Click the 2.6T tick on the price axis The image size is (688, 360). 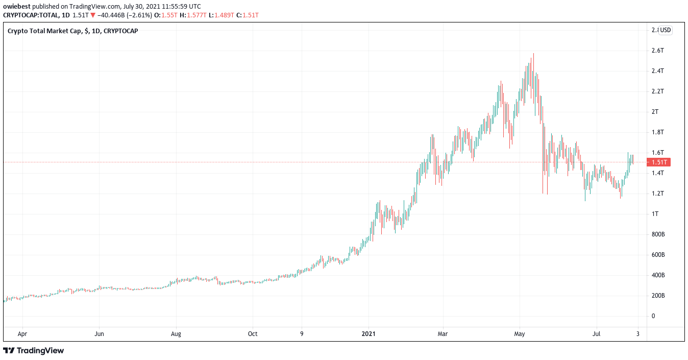click(657, 51)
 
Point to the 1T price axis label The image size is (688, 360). click(655, 214)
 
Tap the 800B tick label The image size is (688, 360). click(658, 234)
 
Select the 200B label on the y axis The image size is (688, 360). click(658, 296)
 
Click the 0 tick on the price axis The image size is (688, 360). click(653, 316)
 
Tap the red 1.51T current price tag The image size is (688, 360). click(658, 162)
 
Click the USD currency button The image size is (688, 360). click(666, 30)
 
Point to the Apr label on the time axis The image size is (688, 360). click(22, 334)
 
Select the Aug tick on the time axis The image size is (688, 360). click(176, 334)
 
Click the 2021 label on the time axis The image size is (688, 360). click(368, 334)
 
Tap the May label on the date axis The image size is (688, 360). click(520, 334)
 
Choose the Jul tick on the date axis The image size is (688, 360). click(596, 334)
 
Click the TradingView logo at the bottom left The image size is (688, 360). click(34, 351)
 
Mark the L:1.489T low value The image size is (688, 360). click(225, 15)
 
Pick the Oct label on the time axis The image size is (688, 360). click(253, 334)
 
